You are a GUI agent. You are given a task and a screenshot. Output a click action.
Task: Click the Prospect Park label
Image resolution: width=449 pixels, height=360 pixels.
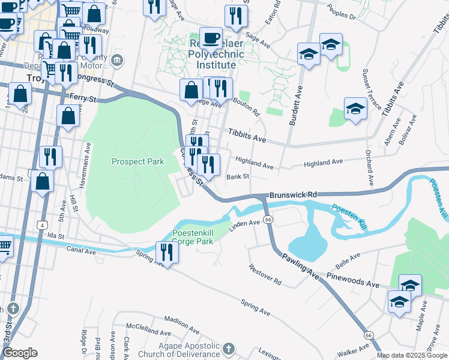coord(137,162)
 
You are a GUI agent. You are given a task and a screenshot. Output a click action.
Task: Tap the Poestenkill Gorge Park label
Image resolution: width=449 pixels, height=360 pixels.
coord(193,237)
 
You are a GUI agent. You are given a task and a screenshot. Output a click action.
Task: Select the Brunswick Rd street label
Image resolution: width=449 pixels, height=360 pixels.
coord(292,195)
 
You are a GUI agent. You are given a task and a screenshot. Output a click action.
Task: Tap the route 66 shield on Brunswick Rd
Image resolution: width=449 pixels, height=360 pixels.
coord(268,220)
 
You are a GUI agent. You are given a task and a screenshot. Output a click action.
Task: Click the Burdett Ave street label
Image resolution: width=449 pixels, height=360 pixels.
coord(295,105)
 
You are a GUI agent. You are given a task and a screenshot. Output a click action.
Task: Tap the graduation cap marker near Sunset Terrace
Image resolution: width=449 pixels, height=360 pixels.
coord(355,109)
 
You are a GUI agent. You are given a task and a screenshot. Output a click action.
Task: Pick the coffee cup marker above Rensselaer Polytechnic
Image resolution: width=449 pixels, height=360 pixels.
coord(211,38)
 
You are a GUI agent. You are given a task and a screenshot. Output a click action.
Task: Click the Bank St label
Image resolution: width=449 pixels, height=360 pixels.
coord(238,177)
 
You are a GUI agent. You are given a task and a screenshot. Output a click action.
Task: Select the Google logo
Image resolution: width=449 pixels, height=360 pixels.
coord(20,353)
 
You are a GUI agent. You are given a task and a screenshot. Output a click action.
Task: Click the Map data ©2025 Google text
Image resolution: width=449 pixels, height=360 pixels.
coord(412,355)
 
